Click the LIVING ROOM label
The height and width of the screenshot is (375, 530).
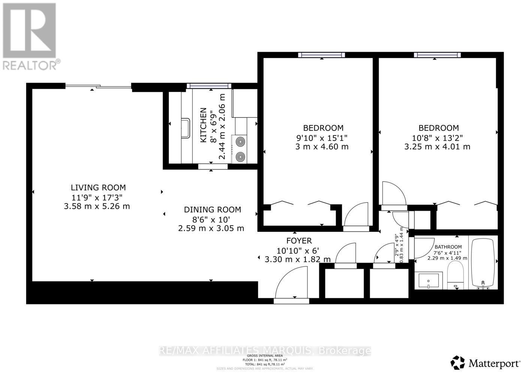[98, 187]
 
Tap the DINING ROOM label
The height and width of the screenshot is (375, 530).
[212, 210]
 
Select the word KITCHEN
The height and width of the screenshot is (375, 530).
[203, 125]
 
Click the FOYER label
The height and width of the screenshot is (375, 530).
[299, 241]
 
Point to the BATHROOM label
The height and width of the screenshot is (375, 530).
[448, 247]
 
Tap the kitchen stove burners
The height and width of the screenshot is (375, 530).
[239, 148]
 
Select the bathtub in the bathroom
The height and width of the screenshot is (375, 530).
[484, 263]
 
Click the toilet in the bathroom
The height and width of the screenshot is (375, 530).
[456, 275]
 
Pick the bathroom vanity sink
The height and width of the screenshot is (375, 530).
[429, 280]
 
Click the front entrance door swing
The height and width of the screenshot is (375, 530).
[292, 283]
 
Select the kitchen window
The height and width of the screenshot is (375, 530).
[208, 86]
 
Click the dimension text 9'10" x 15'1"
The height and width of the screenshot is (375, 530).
[322, 138]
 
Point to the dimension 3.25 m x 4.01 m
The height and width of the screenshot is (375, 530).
[437, 147]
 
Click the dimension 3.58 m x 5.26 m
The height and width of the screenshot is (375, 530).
[97, 206]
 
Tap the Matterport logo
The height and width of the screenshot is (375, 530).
[485, 363]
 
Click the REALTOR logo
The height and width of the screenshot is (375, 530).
[30, 36]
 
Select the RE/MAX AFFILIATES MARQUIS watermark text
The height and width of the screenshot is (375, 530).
[265, 351]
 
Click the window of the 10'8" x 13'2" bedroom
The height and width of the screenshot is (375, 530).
[437, 55]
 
